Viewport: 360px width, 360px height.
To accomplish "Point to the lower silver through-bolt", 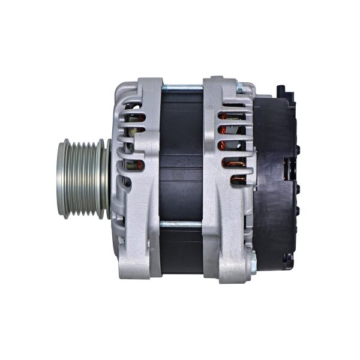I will click(182, 225).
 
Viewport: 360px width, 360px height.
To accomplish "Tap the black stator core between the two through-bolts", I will click(182, 156).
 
